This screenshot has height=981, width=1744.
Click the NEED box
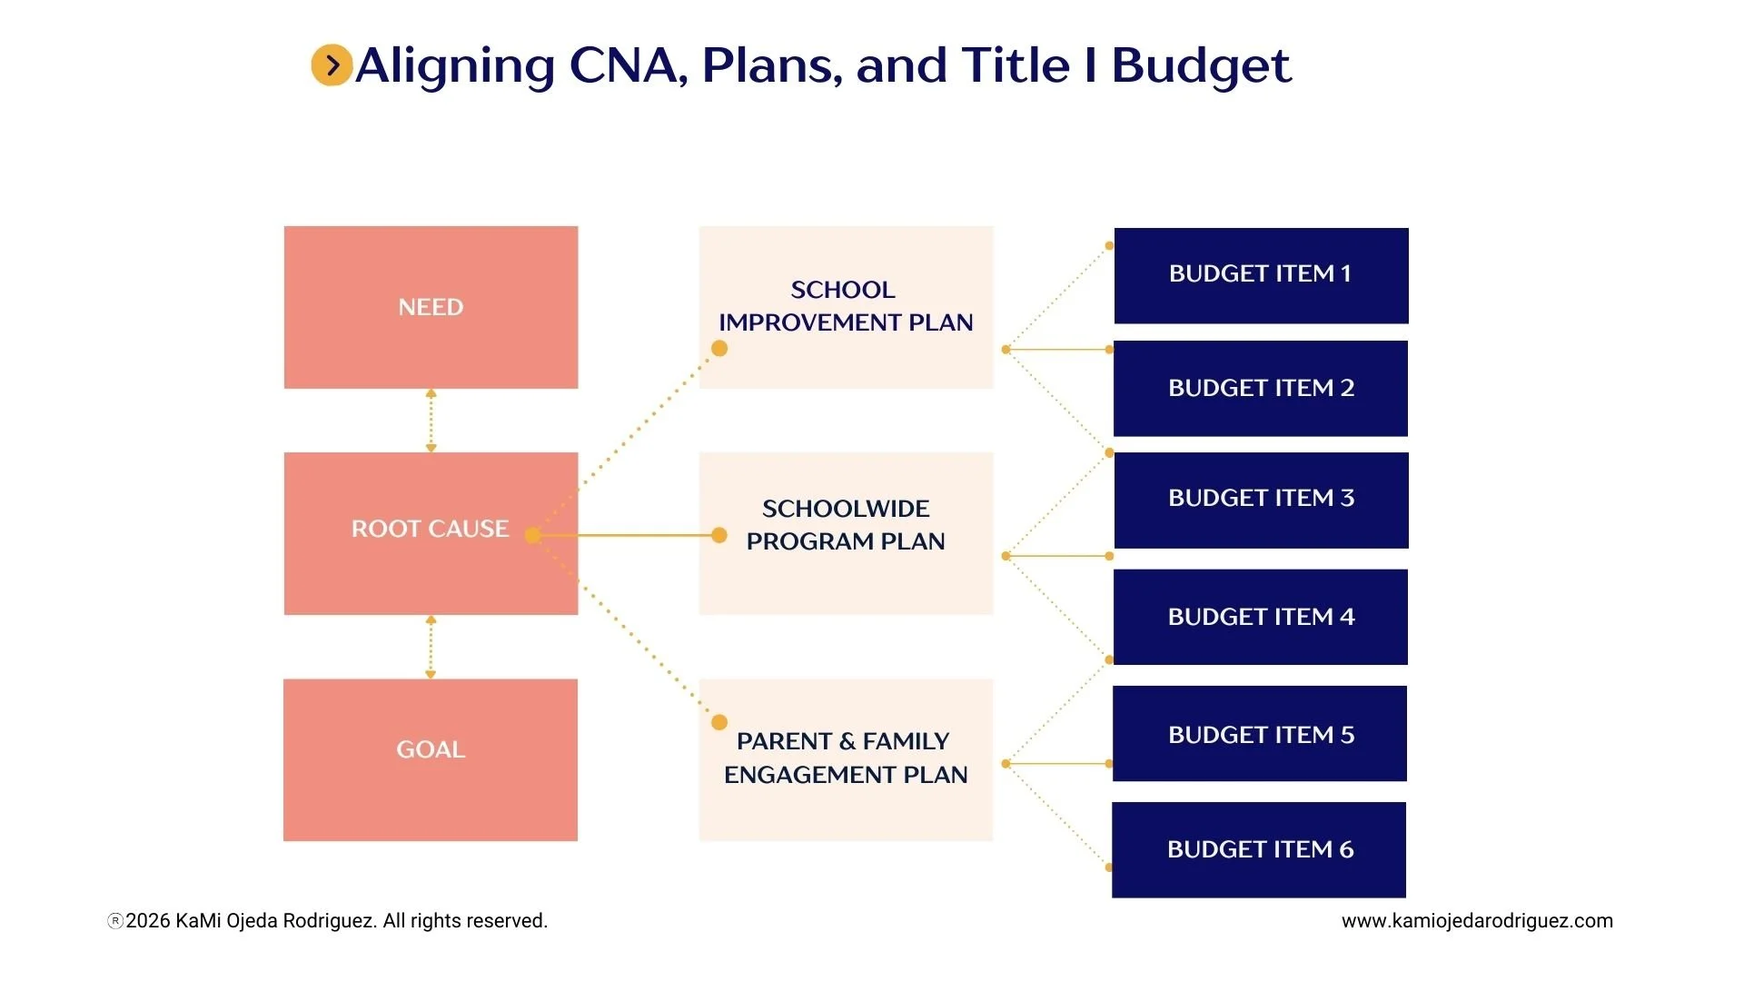pos(431,307)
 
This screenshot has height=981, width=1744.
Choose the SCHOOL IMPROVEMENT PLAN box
pos(846,307)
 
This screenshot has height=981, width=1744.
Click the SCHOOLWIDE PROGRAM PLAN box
pos(846,533)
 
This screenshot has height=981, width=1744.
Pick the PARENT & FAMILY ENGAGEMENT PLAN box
pos(846,759)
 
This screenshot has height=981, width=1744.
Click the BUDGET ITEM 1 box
pos(1261,275)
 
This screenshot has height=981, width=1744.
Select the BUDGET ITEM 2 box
pos(1261,388)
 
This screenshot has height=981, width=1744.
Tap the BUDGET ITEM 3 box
pos(1261,500)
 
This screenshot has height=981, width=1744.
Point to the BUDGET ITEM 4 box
pos(1261,617)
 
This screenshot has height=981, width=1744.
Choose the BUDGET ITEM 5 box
pos(1260,733)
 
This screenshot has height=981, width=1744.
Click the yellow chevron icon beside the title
pos(332,65)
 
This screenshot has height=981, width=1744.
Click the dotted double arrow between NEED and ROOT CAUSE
pos(431,421)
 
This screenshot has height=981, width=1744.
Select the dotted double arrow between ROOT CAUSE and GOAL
pos(431,647)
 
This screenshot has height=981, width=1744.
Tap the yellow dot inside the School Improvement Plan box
pos(719,349)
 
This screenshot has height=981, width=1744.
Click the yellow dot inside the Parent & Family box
pos(719,723)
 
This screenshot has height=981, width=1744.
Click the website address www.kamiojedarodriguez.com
pos(1477,920)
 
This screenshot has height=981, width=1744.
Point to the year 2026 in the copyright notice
pos(148,920)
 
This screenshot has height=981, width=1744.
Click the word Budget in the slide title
pos(1201,65)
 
